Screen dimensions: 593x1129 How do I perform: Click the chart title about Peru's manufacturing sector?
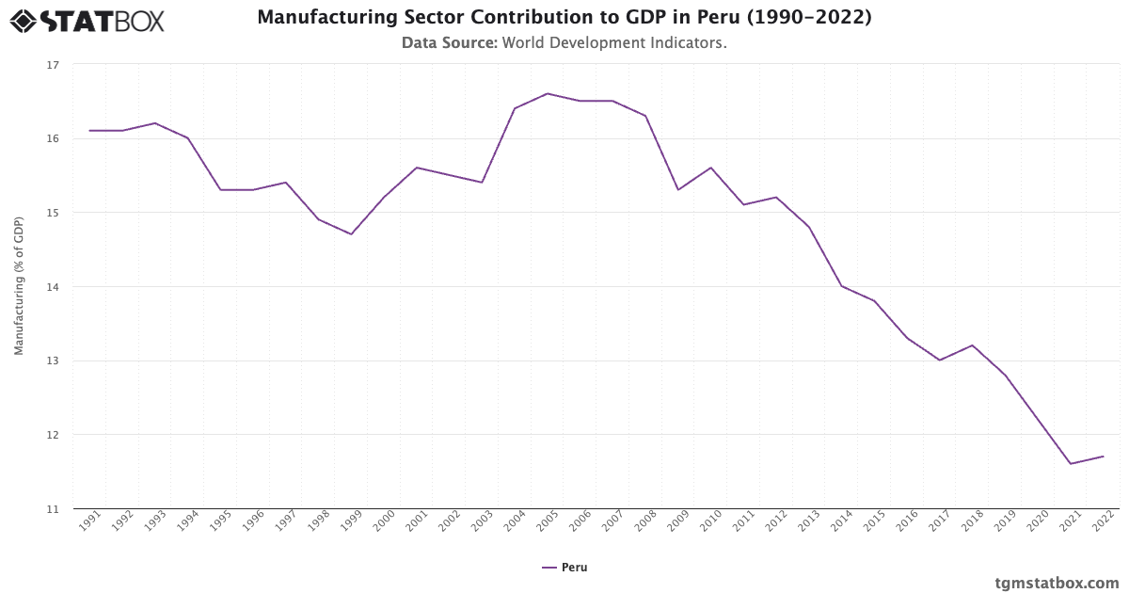(564, 18)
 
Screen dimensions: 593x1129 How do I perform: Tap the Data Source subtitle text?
(564, 43)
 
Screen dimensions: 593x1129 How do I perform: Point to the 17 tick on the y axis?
(52, 65)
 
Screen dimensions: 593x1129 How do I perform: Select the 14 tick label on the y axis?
(52, 287)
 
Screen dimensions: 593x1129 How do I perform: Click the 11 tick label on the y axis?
(52, 509)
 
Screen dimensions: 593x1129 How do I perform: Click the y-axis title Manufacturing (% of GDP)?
(19, 286)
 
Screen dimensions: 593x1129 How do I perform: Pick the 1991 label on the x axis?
(89, 522)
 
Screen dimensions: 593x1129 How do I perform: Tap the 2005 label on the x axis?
(547, 522)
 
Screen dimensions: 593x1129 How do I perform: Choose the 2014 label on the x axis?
(841, 522)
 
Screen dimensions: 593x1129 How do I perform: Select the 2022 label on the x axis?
(1103, 522)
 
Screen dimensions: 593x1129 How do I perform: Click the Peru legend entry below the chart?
(564, 568)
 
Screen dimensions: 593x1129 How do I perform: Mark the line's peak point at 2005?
(547, 93)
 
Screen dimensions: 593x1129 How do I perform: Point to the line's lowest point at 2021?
(1070, 463)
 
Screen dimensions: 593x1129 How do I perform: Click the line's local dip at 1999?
(351, 234)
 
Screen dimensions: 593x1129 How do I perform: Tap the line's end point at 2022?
(1103, 457)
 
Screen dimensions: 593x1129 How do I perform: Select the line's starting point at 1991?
(89, 131)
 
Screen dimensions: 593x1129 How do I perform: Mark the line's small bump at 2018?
(972, 345)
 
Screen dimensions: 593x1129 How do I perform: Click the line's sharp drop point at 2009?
(677, 190)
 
